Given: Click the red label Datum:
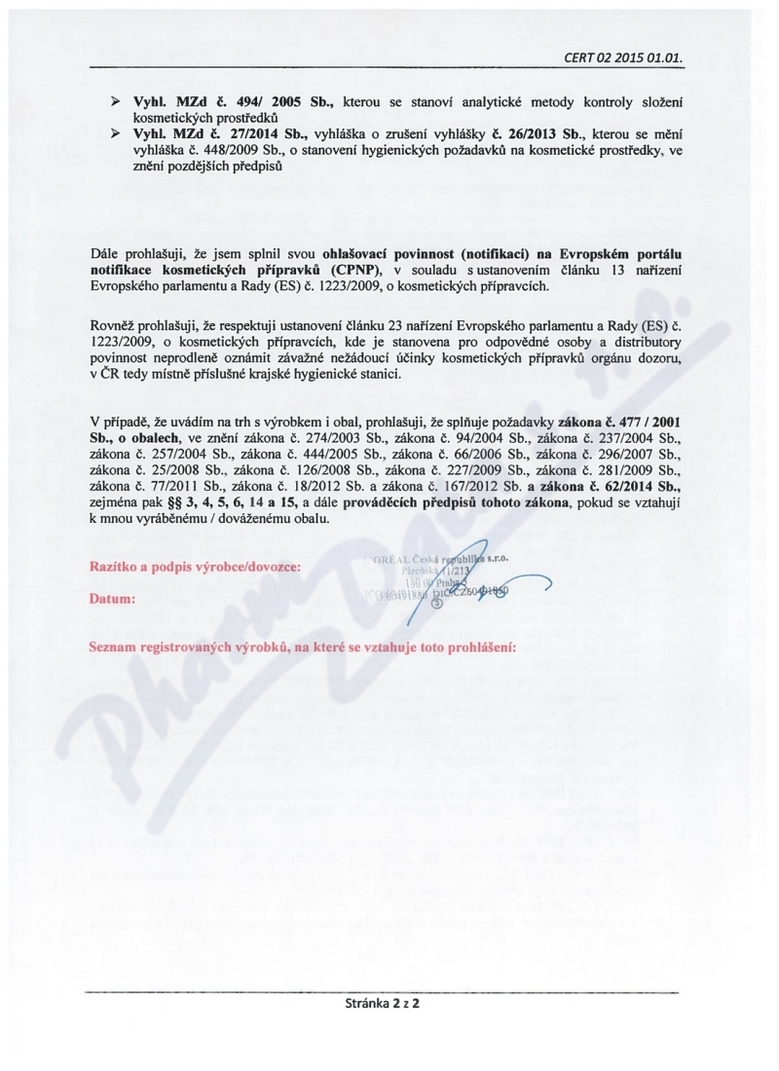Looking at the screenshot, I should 112,598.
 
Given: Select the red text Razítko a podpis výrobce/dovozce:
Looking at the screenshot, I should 195,565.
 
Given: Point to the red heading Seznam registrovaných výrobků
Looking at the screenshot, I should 302,646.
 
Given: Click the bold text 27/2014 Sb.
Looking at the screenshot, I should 243,137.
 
